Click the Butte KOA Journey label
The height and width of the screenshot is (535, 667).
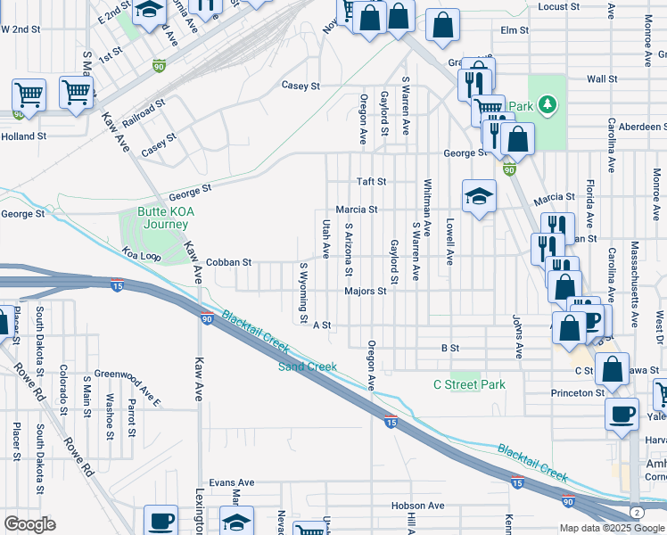click(x=165, y=218)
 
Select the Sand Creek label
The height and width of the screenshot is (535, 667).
click(x=308, y=366)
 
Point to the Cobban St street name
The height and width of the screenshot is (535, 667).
click(x=229, y=263)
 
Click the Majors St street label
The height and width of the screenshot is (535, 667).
click(x=366, y=291)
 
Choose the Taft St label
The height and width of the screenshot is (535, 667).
click(x=371, y=181)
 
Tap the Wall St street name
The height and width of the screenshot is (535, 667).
click(x=602, y=79)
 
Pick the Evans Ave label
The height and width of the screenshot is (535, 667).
click(x=231, y=482)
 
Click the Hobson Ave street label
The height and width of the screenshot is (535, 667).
click(x=417, y=506)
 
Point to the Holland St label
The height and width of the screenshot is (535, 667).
click(x=23, y=136)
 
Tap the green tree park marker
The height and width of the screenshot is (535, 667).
click(x=547, y=106)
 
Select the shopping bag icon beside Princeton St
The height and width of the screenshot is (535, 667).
click(x=613, y=368)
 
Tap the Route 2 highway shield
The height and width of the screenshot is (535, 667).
click(x=636, y=513)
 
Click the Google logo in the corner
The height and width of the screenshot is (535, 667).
click(x=29, y=524)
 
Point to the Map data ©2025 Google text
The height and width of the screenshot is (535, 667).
click(x=610, y=528)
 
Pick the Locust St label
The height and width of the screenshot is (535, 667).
click(x=559, y=7)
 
